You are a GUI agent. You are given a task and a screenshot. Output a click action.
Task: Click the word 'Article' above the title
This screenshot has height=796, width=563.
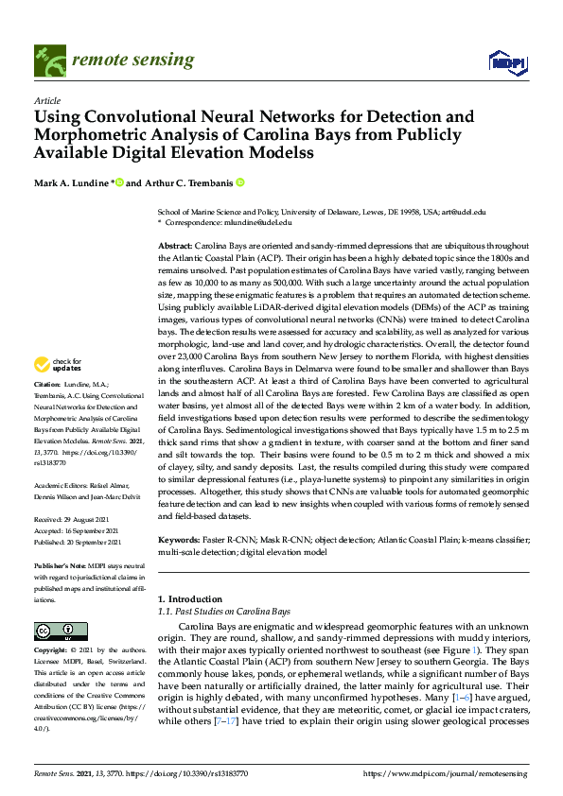pos(46,99)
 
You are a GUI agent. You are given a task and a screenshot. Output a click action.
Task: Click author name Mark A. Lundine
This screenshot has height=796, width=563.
pos(73,182)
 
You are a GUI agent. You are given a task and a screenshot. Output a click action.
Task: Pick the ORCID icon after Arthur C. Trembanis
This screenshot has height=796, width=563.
pos(240,182)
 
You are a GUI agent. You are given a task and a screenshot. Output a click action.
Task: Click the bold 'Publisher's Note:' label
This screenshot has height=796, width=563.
pos(62,564)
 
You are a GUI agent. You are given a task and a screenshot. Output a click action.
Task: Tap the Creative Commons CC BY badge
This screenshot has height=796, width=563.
pos(55,632)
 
